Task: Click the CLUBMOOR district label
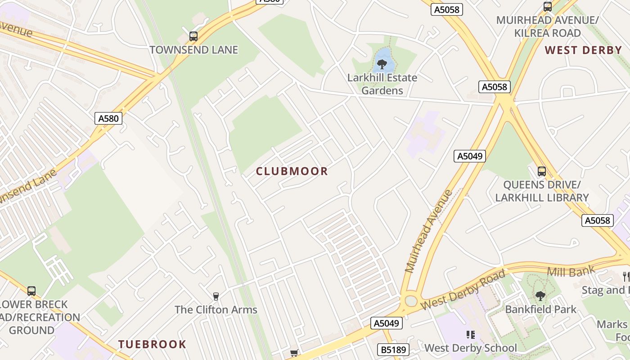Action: point(292,171)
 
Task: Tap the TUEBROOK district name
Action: point(152,345)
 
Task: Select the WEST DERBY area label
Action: point(583,50)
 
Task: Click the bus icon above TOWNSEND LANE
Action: point(193,36)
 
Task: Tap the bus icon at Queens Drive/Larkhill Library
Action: point(542,171)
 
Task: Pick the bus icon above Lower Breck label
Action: point(31,291)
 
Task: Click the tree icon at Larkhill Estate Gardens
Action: point(382,64)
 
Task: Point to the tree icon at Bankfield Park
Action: point(540,296)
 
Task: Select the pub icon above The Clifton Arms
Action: point(216,296)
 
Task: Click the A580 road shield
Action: point(109,118)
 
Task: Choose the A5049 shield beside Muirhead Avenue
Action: point(470,156)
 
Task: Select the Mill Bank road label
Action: point(571,271)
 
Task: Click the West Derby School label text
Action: point(471,348)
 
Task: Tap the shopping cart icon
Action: point(294,353)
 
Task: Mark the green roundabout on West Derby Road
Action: point(410,301)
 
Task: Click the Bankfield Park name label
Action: point(540,310)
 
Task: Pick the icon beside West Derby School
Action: point(470,335)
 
